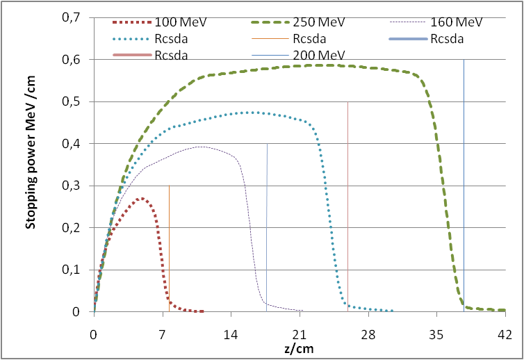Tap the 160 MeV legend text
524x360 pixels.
pyautogui.click(x=456, y=23)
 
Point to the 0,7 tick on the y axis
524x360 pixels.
pyautogui.click(x=81, y=17)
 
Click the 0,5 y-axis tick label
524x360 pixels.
pyautogui.click(x=81, y=101)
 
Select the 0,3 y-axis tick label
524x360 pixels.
pyautogui.click(x=81, y=186)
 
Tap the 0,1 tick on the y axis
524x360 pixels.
pyautogui.click(x=81, y=270)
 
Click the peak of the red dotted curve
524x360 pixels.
pyautogui.click(x=141, y=199)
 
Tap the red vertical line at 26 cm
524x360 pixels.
pyautogui.click(x=347, y=208)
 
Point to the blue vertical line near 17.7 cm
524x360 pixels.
pyautogui.click(x=267, y=222)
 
